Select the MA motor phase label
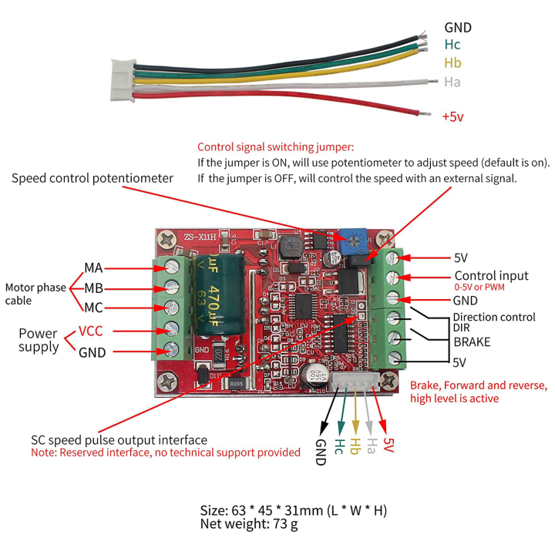(x=93, y=268)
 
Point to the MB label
(x=93, y=288)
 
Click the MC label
(x=93, y=308)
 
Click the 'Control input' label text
(x=491, y=275)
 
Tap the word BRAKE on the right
(x=472, y=341)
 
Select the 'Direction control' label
(x=493, y=317)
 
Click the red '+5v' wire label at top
(x=452, y=117)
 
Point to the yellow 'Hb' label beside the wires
(x=452, y=63)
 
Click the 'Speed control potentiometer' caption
(x=92, y=178)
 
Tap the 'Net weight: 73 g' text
(x=248, y=524)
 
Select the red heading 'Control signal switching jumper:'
(x=275, y=146)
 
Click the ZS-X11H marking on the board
(x=190, y=237)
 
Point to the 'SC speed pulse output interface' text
(x=119, y=439)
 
